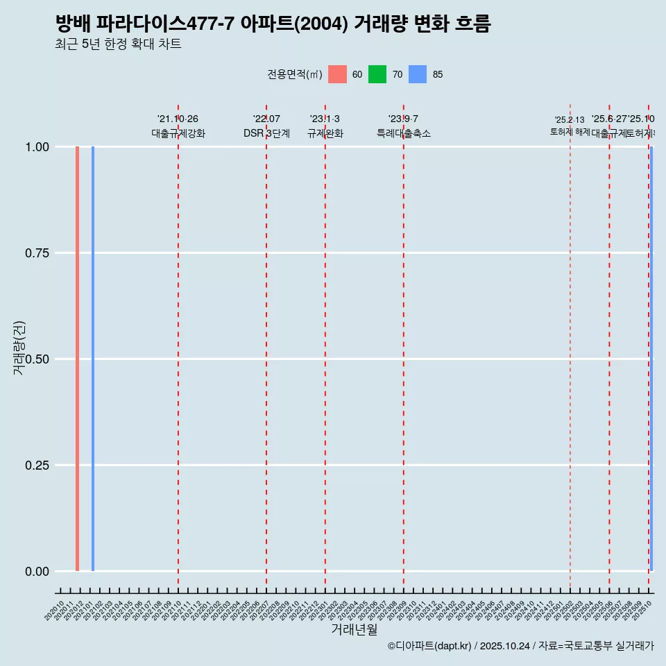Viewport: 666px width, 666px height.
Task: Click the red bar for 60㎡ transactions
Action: tap(77, 359)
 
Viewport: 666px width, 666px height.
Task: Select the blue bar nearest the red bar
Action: tap(93, 359)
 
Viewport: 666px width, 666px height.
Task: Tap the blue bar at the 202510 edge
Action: tap(651, 359)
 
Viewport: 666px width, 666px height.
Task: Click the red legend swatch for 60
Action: tap(337, 74)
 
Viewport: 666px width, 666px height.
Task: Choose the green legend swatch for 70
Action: tap(377, 74)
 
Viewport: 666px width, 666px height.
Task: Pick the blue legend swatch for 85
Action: tap(418, 74)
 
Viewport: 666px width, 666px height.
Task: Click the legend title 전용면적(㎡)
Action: tap(294, 74)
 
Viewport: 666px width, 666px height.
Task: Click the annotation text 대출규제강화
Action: tap(178, 133)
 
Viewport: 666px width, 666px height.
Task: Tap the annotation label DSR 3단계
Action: tap(266, 133)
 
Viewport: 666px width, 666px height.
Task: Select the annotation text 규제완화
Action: tap(325, 133)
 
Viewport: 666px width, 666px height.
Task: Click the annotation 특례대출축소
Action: tap(403, 133)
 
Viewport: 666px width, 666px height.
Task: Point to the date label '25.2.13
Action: tap(570, 120)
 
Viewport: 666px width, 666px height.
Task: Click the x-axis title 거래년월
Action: tap(354, 629)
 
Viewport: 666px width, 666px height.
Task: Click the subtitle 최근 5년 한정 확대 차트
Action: tap(118, 44)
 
